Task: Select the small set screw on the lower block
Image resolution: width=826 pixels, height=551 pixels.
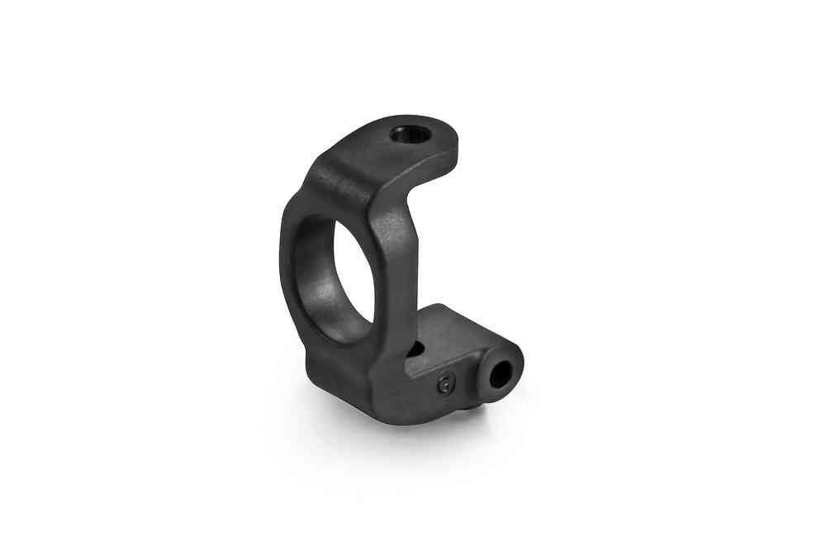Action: coord(445,383)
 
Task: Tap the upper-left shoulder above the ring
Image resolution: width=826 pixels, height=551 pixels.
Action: coord(318,178)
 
